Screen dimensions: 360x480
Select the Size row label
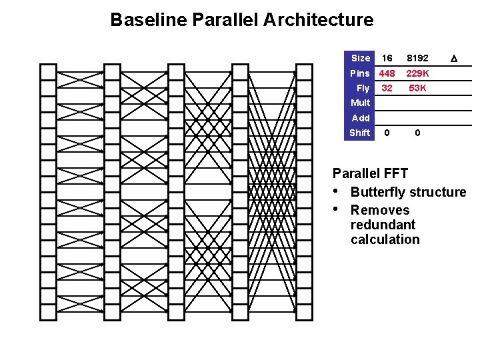(x=360, y=58)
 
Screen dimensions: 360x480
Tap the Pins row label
(x=360, y=73)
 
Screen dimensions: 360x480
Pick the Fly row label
(x=363, y=88)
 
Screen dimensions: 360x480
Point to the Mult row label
(x=360, y=103)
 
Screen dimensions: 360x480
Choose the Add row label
(x=361, y=118)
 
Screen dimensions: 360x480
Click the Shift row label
(x=359, y=133)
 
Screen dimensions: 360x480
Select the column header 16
(x=387, y=58)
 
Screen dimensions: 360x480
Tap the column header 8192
(x=417, y=58)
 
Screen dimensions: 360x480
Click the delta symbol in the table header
(x=453, y=59)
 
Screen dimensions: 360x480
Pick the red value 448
(x=387, y=73)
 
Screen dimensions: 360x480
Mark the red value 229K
(x=417, y=73)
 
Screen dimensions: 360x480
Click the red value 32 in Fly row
(x=387, y=88)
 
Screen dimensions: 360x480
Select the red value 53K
(x=417, y=88)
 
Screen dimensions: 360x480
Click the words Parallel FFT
(x=370, y=174)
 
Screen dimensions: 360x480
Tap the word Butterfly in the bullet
(x=378, y=192)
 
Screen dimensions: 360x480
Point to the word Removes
(x=380, y=210)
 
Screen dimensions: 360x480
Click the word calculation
(x=385, y=239)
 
